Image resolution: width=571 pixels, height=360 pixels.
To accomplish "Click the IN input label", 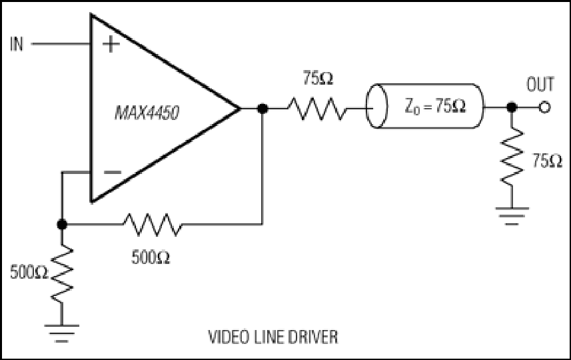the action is coord(17,44).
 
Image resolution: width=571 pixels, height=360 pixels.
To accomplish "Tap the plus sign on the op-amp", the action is coord(111,45).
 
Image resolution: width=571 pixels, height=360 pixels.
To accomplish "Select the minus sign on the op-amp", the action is coord(113,173).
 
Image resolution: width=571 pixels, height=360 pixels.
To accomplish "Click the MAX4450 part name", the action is coord(147,113).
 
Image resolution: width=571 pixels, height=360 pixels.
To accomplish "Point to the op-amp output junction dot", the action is coord(263,108).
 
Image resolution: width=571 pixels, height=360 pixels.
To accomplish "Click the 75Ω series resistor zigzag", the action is coord(317,108).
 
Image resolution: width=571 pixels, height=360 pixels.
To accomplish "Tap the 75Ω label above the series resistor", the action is coord(318,78).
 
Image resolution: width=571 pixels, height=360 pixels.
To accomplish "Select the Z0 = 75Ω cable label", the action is coord(435,107).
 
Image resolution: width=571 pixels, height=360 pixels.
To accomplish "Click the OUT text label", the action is coord(540,84).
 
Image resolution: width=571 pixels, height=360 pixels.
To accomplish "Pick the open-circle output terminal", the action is coord(544,108).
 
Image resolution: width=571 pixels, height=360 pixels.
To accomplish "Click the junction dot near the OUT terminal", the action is coord(512,107).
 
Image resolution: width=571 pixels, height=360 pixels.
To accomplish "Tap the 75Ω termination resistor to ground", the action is coord(512,157).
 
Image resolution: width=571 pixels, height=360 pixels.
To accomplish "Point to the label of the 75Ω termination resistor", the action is coord(547,161).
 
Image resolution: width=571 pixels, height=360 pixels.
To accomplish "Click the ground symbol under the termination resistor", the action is coord(512,216).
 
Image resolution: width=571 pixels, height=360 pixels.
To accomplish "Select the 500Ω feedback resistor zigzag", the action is coord(153,225).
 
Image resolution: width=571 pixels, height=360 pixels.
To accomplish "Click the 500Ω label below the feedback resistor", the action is coord(151,258).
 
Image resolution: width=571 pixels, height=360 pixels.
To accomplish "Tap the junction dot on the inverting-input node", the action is coord(62,225).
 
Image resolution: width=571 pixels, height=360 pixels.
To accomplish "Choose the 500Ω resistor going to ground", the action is coord(62,273).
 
